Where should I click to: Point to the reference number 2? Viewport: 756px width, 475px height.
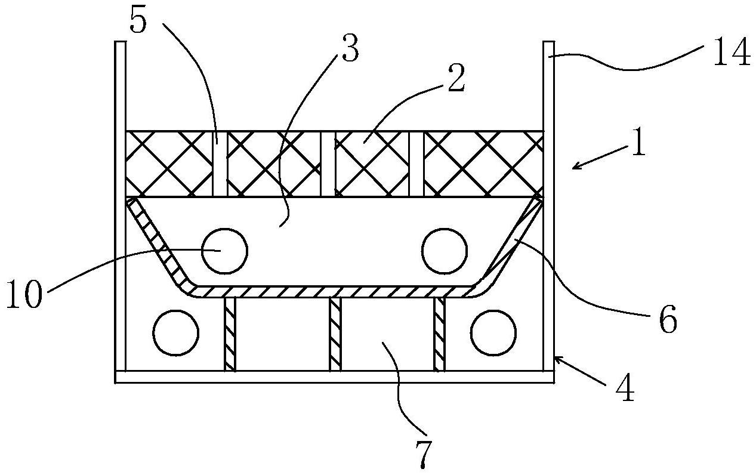(455, 80)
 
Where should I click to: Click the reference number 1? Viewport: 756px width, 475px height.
(638, 144)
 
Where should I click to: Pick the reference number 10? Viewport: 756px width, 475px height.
(24, 295)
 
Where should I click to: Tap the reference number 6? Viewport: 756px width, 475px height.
(668, 320)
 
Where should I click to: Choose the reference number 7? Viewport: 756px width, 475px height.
(422, 454)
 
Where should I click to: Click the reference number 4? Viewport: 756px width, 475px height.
(625, 391)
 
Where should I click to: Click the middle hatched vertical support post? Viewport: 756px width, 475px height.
(335, 334)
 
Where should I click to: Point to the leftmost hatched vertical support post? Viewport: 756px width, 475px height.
(230, 334)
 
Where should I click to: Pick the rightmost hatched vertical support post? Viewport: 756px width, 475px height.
(439, 334)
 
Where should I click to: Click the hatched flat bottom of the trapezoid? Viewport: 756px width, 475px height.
(334, 291)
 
